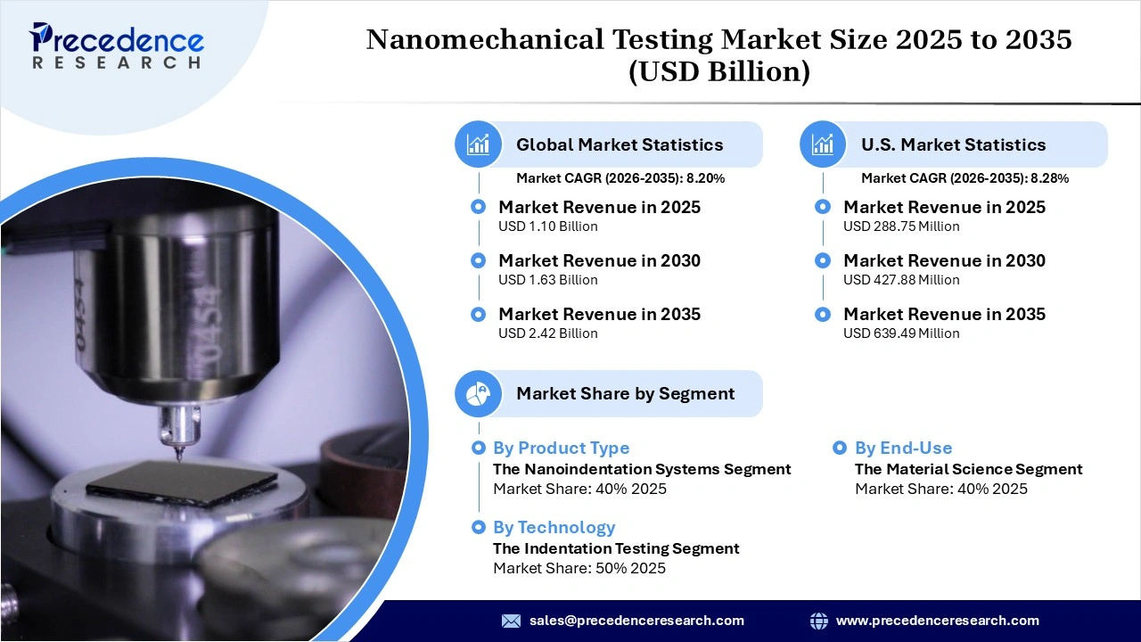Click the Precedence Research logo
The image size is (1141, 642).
(117, 45)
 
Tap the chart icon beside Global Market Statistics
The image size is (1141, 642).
(479, 144)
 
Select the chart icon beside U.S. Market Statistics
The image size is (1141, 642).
(823, 144)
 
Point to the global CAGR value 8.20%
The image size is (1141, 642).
(706, 178)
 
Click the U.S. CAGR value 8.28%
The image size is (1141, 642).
(1050, 178)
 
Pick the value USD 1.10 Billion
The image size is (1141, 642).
(547, 226)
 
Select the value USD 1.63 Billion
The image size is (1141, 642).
(547, 280)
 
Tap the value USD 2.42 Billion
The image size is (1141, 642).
(547, 333)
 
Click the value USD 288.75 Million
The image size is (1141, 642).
(901, 226)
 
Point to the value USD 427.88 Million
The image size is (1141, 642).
(901, 280)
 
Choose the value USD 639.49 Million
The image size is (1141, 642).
(901, 333)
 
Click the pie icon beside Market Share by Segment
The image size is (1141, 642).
(479, 393)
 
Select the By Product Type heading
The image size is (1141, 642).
(561, 449)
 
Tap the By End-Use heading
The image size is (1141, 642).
(903, 449)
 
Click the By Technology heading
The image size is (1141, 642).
(554, 527)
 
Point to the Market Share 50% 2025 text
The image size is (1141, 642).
(579, 569)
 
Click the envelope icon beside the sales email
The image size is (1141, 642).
(511, 621)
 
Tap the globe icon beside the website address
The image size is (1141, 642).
(818, 621)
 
